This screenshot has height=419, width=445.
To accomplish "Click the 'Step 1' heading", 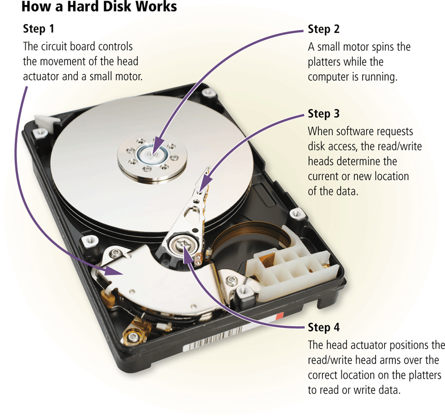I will point(39,28).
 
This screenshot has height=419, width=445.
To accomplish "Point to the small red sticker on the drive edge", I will point(280,316).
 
